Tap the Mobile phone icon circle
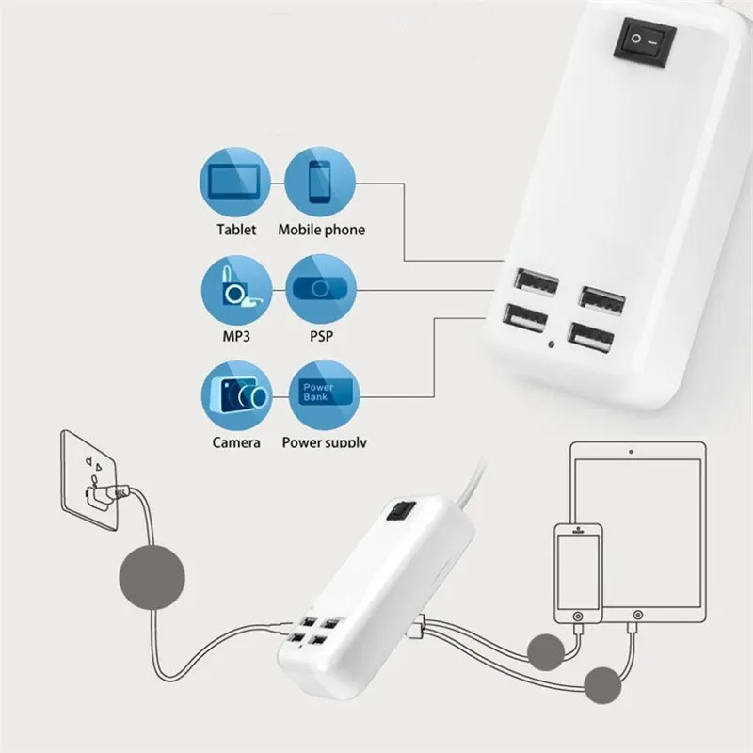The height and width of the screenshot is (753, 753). pos(321,184)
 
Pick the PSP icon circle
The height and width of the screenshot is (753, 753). pos(321,288)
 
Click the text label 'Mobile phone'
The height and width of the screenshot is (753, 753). pos(321,230)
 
